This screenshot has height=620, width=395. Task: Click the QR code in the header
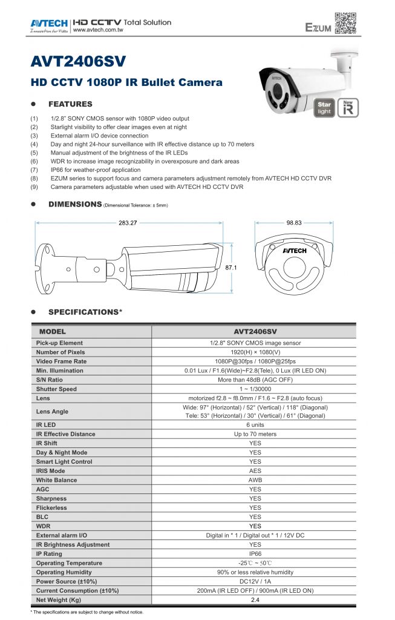pos(346,22)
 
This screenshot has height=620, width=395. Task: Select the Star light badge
pos(325,108)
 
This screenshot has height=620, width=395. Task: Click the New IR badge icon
pos(348,108)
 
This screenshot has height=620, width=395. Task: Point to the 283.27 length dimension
pos(128,223)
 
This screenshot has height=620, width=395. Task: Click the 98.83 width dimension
pos(294,223)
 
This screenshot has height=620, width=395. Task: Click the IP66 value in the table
pos(255,553)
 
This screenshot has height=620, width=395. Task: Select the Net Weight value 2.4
pos(255,599)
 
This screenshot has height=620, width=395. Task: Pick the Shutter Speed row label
pos(56,389)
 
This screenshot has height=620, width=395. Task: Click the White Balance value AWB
pos(255,480)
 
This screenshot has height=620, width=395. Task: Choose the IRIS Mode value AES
pos(255,470)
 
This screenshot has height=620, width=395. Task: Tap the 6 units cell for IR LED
pos(255,424)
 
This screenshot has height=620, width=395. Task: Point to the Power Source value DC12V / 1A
pos(255,581)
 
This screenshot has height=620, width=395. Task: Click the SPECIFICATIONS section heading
pos(85,312)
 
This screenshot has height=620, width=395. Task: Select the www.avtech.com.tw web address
pos(98,29)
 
